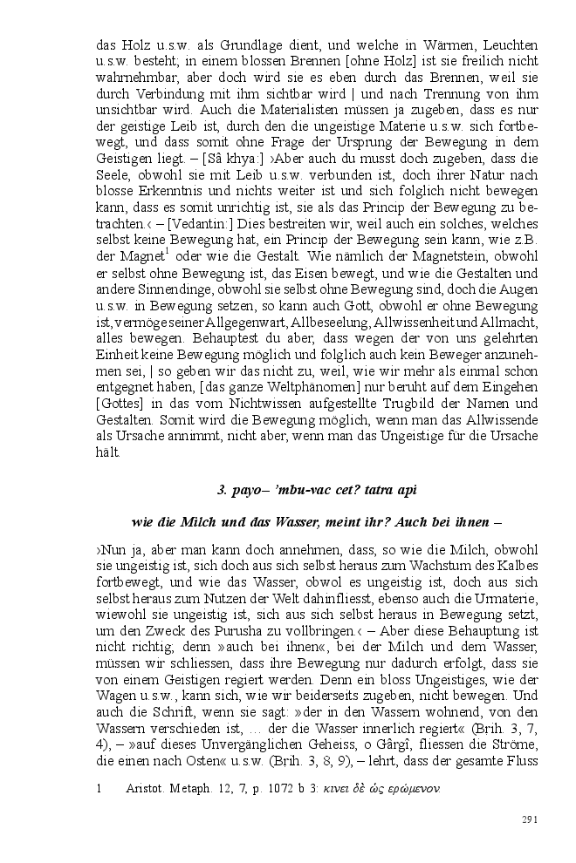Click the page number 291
point(528,819)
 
